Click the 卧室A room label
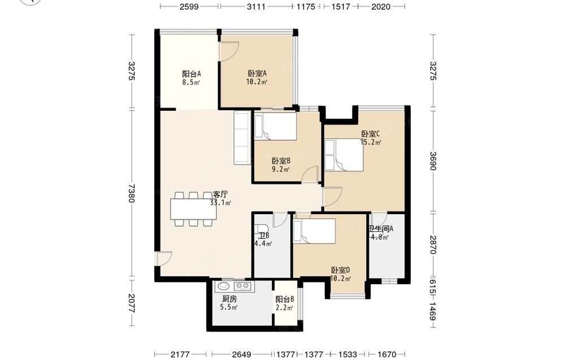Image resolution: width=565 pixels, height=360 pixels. coord(257,73)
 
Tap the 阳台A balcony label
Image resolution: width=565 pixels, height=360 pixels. coord(191,74)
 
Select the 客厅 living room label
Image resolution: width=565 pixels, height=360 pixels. coord(220,194)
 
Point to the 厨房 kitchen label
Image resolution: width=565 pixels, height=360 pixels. coord(229,299)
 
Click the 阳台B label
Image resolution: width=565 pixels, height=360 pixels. coord(285,300)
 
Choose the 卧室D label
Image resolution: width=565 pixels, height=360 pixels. coord(341,270)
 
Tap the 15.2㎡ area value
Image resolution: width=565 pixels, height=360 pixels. coord(371,142)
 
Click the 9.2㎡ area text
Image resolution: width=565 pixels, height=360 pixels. coord(281,169)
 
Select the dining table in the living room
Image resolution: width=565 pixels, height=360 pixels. coord(194,209)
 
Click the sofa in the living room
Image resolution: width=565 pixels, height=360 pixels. coord(242,138)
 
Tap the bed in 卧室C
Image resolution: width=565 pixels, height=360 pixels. coord(344,155)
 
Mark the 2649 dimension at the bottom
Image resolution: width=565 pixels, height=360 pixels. coord(241,354)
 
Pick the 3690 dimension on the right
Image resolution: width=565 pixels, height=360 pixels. coord(433,161)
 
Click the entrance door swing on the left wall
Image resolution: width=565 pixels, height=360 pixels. coord(164,258)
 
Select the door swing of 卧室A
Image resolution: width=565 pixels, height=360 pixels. coord(229,51)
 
